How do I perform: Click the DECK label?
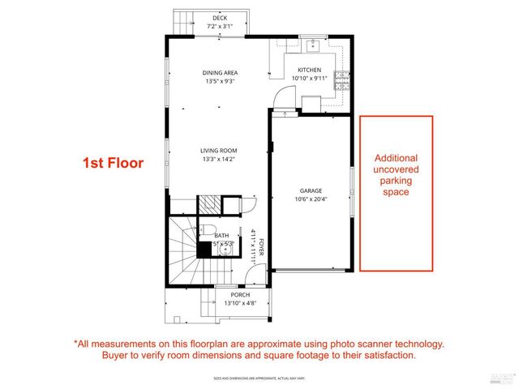(220, 17)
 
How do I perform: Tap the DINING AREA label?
(220, 73)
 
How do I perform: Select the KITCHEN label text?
(310, 71)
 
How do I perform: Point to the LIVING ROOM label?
(220, 150)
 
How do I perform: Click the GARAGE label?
(311, 190)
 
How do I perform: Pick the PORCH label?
(240, 294)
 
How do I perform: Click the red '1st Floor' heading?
(114, 163)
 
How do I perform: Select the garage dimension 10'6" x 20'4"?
(311, 199)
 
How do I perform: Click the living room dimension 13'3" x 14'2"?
(220, 159)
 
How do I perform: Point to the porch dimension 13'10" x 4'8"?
(240, 303)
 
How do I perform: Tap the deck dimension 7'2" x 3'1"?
(220, 25)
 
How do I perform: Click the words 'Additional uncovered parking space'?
(396, 175)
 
